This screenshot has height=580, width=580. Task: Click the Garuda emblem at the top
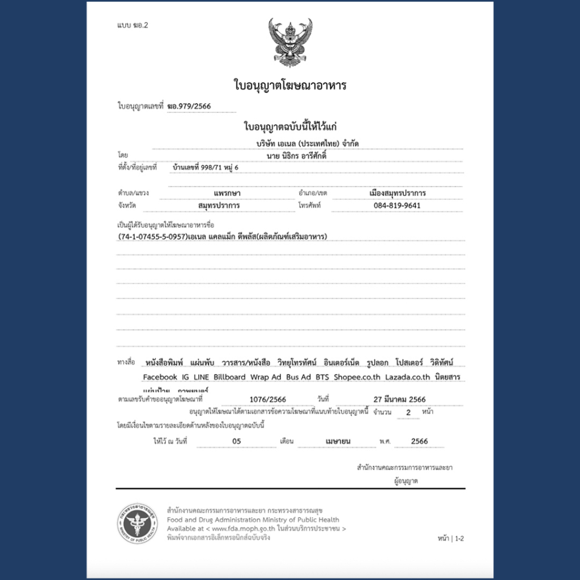point(290,42)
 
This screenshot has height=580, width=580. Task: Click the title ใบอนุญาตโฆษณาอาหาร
point(290,86)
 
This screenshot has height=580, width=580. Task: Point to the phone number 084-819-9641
point(397,206)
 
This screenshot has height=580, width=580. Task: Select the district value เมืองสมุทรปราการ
point(397,193)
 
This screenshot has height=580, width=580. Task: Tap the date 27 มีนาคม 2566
point(399,399)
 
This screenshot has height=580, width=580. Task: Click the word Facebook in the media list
point(160,377)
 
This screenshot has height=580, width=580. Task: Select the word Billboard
point(229,377)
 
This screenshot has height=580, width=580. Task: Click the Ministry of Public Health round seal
point(137,523)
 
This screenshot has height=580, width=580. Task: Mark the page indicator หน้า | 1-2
point(451,538)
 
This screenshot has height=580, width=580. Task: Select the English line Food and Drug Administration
point(253,519)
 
